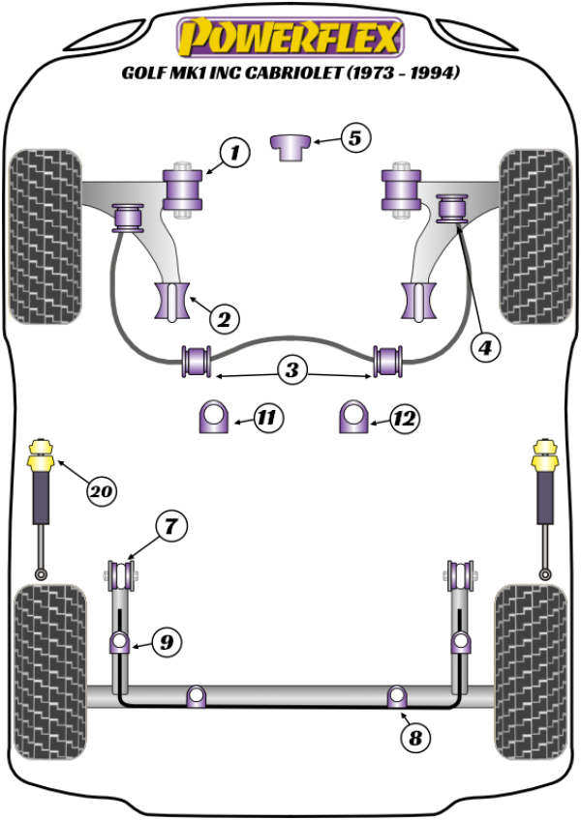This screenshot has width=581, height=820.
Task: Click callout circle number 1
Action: point(233,152)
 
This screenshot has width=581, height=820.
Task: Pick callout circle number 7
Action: point(169,527)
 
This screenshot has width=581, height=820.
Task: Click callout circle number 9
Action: point(167,640)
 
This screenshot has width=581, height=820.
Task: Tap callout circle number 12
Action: point(405,419)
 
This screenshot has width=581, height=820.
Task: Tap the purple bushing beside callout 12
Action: point(354,418)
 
